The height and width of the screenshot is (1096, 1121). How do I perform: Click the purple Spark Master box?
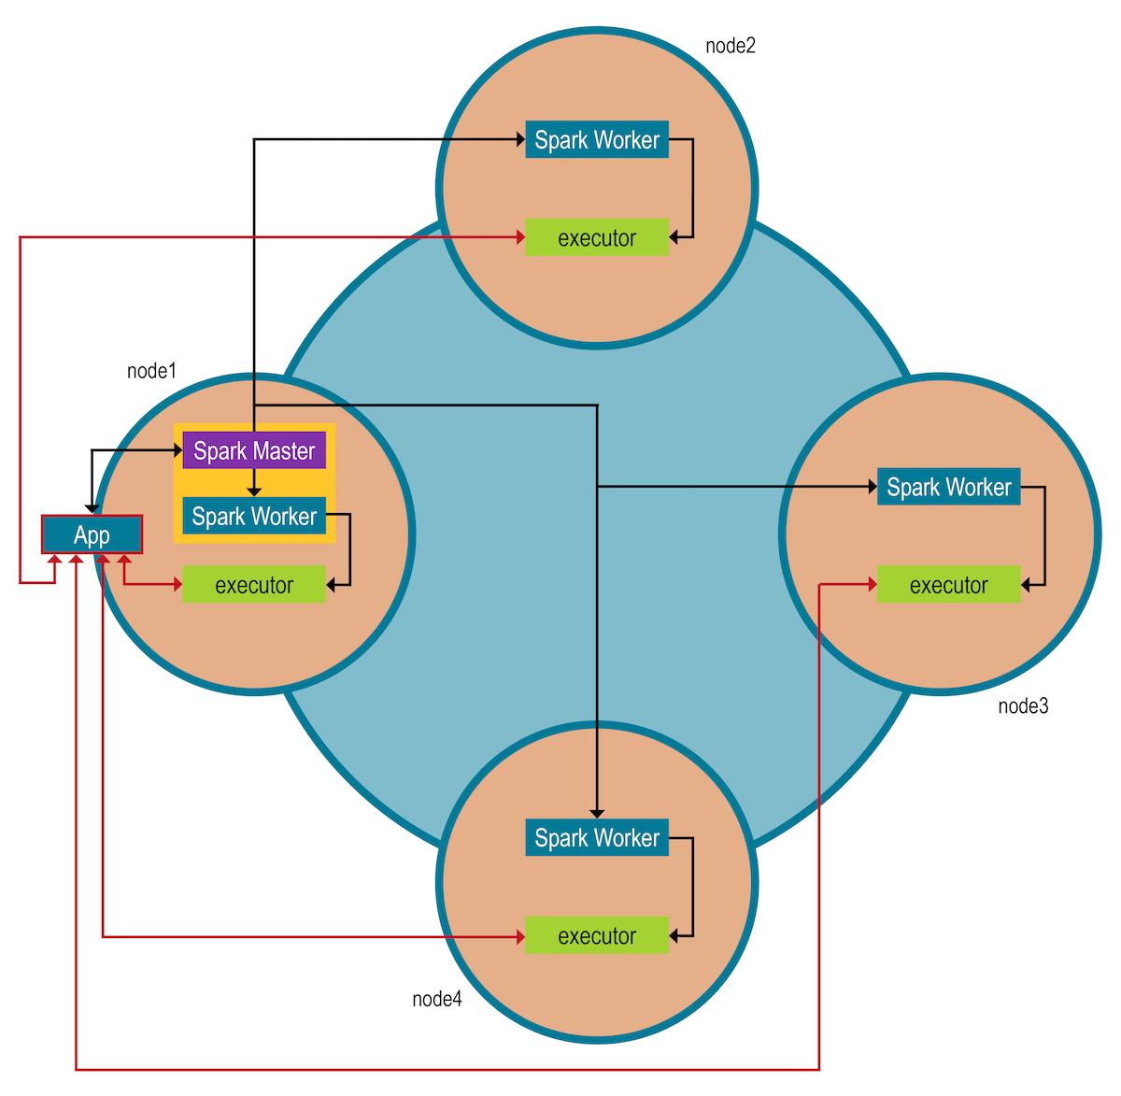(x=254, y=450)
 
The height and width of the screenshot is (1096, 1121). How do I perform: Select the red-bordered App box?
(x=92, y=534)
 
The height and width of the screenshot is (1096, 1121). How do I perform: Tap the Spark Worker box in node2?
(x=597, y=140)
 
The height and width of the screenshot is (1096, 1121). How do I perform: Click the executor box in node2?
(x=597, y=237)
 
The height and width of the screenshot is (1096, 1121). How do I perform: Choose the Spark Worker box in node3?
(x=948, y=487)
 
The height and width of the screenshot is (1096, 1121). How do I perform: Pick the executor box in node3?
(x=948, y=585)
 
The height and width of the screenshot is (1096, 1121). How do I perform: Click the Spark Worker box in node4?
(x=597, y=838)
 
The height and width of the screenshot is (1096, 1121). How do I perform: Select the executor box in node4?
(x=597, y=935)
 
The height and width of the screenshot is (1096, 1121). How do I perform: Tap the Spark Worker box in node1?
(x=254, y=516)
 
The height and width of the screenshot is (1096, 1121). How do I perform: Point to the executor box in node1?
(x=254, y=585)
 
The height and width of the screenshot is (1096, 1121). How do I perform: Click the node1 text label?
(x=151, y=371)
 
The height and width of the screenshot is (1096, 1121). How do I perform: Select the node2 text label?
(x=730, y=46)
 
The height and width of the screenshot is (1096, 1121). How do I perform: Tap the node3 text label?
(x=1023, y=705)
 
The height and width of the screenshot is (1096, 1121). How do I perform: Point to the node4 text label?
(x=436, y=999)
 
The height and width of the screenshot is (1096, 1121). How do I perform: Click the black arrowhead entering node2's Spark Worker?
(x=520, y=140)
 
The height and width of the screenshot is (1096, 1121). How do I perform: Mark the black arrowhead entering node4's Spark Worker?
(x=597, y=814)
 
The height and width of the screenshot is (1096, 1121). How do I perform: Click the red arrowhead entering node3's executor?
(x=872, y=585)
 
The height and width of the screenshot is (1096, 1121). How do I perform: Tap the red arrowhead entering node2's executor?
(x=520, y=237)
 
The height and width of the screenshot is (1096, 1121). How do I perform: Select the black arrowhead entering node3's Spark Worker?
(x=872, y=487)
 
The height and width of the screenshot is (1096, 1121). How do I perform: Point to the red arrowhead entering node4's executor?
(x=520, y=935)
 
